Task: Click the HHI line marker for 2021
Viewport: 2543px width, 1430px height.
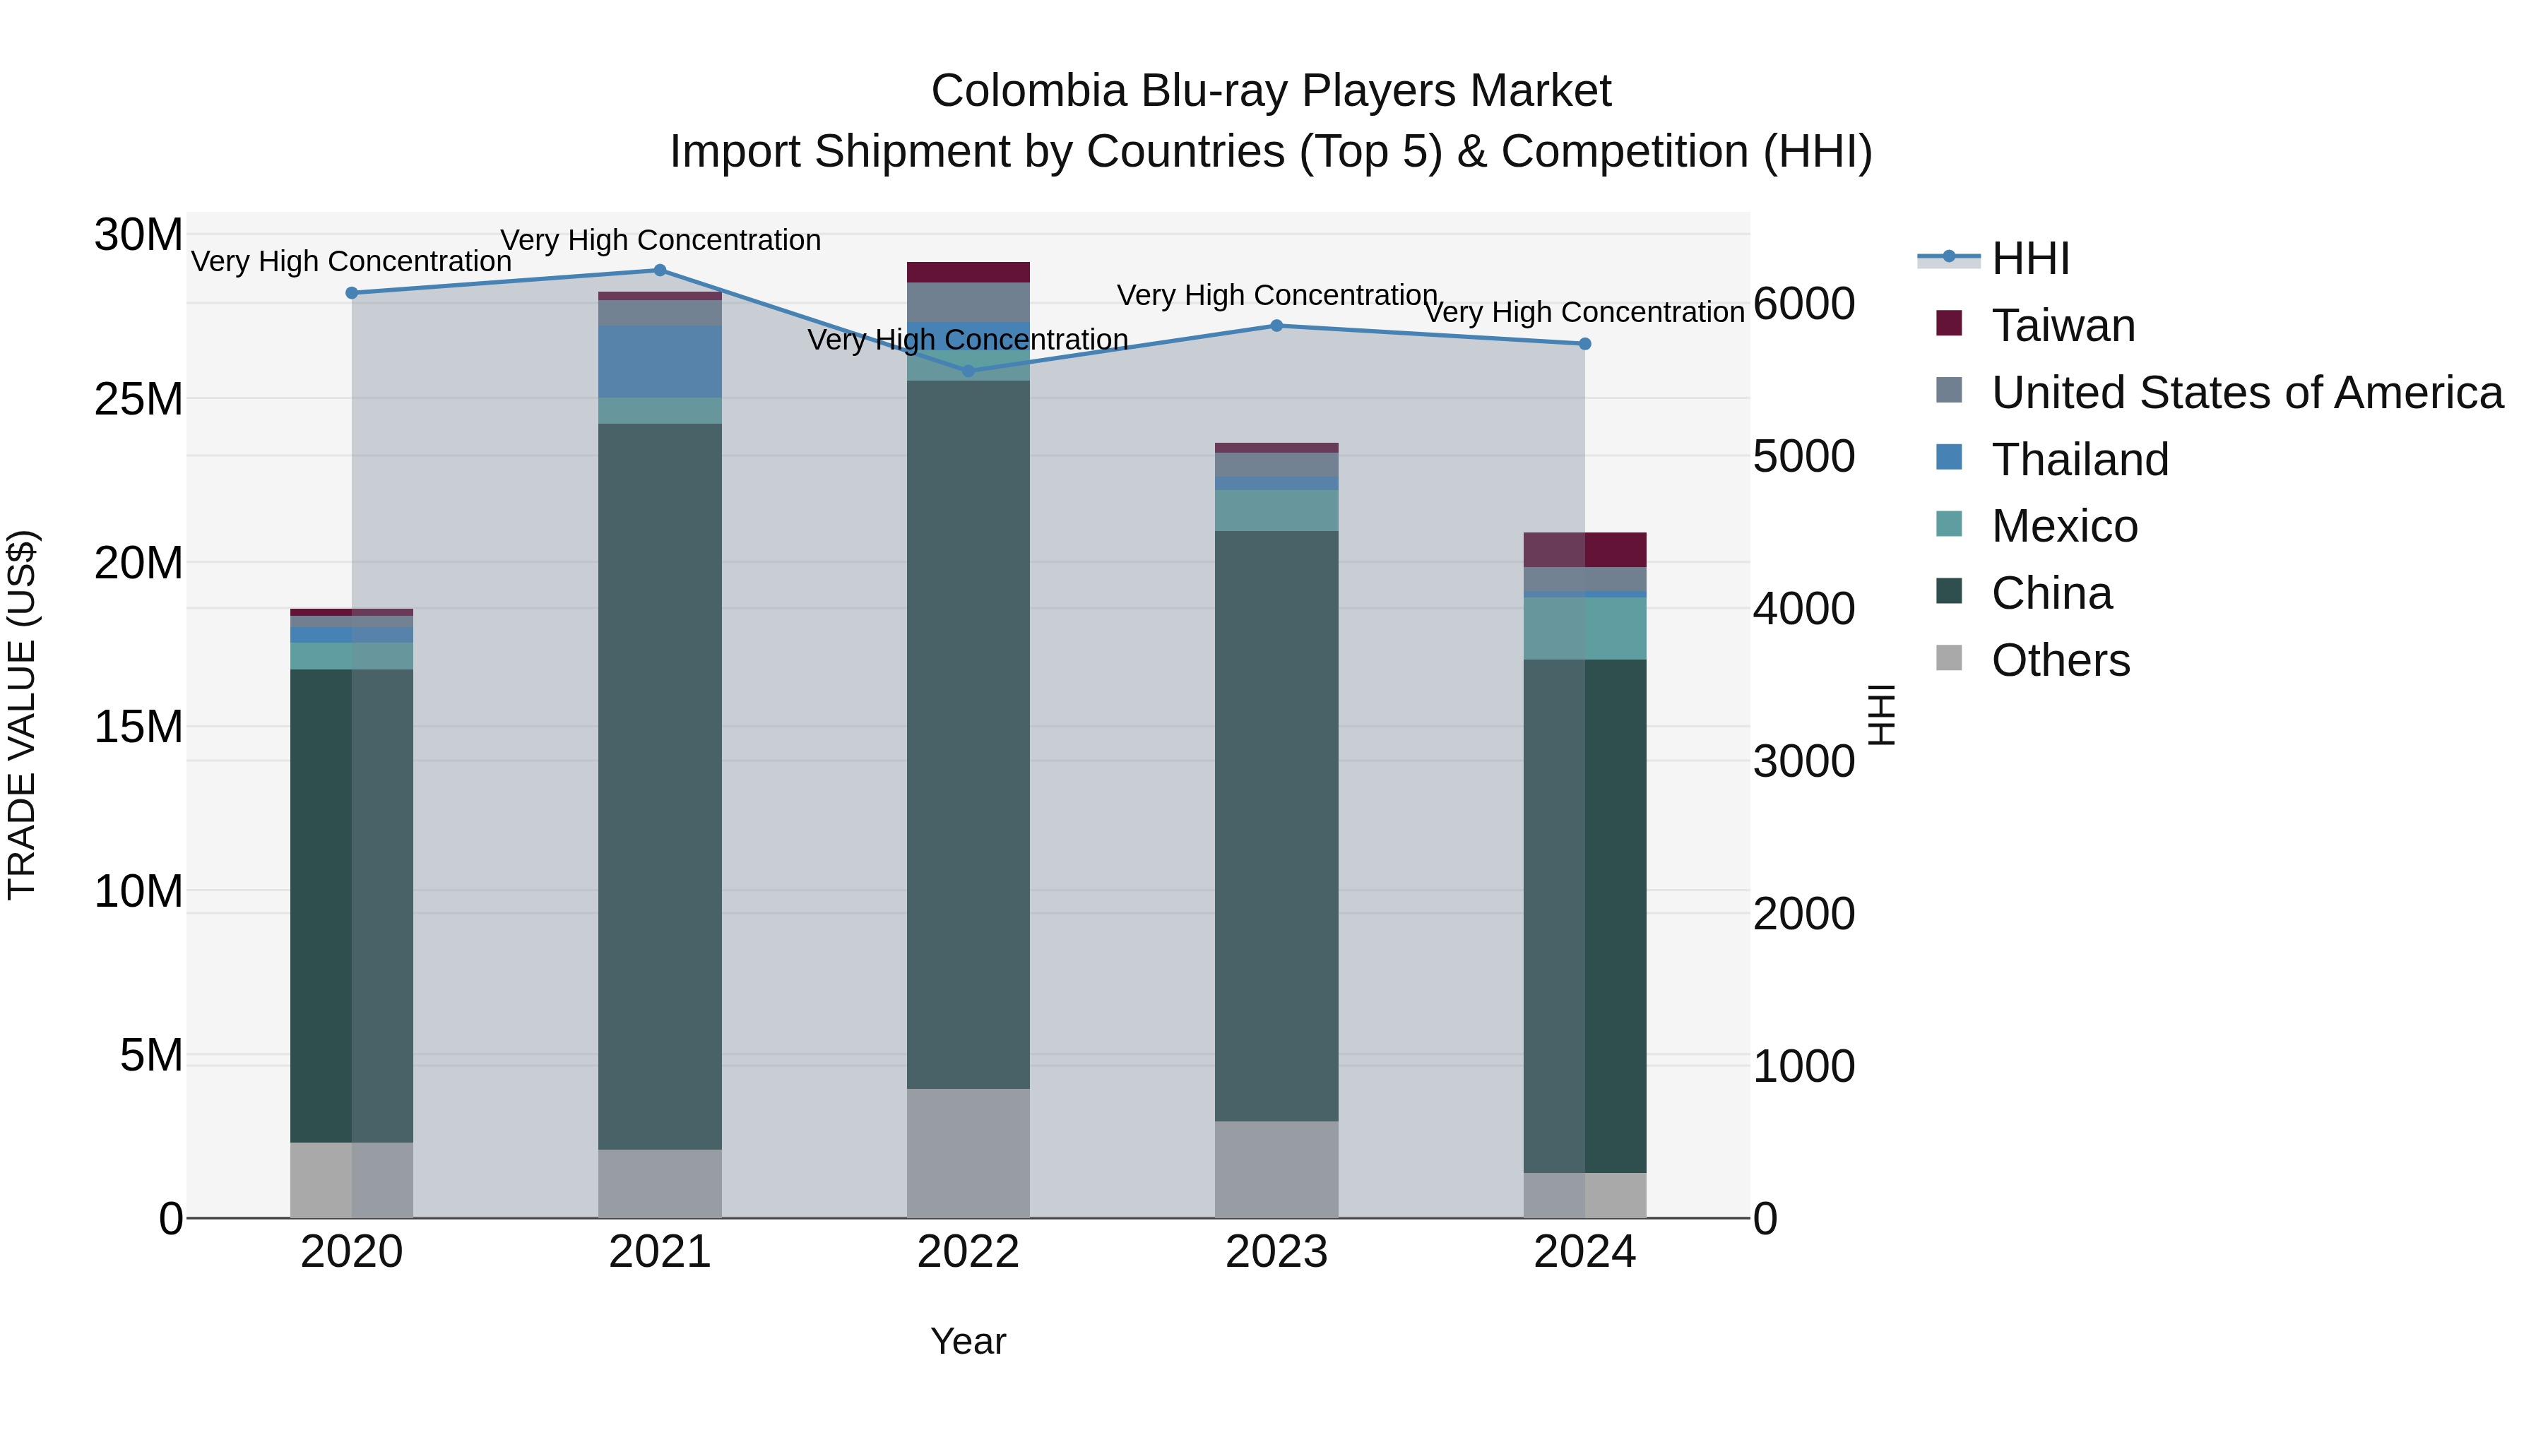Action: coord(660,270)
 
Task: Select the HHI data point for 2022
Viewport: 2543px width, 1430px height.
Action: coord(968,371)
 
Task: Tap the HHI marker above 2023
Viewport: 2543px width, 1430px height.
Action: coord(1276,326)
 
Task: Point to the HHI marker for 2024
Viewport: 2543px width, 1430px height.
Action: coord(1585,343)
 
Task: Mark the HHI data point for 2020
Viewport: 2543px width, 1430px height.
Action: coord(352,293)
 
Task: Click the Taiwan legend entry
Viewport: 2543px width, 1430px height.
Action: coord(2063,326)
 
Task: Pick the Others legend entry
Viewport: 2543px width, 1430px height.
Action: coord(2061,660)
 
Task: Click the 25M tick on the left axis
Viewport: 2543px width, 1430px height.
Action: coord(138,400)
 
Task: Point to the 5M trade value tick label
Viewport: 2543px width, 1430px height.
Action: coord(151,1056)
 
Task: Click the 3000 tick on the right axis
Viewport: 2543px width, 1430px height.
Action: coord(1803,762)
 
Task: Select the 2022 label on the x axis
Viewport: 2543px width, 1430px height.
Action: coord(968,1252)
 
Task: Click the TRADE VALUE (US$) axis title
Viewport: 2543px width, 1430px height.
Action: coord(23,715)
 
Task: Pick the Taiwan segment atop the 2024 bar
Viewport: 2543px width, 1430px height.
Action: coord(1585,549)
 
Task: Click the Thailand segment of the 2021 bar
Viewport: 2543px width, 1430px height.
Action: coord(660,361)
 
